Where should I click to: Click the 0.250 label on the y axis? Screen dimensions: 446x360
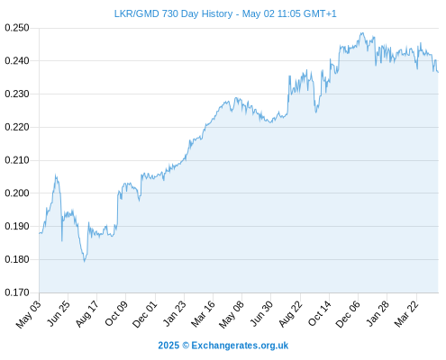click(x=17, y=28)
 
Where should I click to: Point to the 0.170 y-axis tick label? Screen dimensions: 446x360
click(x=17, y=292)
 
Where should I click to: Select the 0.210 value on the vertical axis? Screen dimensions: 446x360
click(x=17, y=160)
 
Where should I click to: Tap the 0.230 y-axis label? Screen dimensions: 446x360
click(x=17, y=94)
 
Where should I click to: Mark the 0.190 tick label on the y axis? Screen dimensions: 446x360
click(x=17, y=226)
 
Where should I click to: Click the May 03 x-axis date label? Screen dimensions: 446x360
click(x=28, y=314)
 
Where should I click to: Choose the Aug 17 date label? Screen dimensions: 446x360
click(x=86, y=314)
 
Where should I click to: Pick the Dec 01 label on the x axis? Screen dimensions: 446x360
click(x=145, y=314)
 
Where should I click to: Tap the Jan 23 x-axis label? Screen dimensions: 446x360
click(x=174, y=314)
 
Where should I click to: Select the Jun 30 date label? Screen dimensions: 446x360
click(x=261, y=314)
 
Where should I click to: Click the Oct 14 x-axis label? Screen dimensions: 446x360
click(x=319, y=314)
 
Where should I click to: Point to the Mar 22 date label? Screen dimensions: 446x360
click(x=406, y=314)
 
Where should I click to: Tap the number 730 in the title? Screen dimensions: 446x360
click(x=170, y=13)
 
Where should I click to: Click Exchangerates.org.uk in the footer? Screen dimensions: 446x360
click(x=240, y=346)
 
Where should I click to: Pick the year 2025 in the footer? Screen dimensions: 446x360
click(x=168, y=346)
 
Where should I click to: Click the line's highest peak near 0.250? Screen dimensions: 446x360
click(x=362, y=33)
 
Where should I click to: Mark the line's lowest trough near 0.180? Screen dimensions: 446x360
click(x=85, y=262)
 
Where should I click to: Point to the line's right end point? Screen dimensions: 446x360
click(x=438, y=72)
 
